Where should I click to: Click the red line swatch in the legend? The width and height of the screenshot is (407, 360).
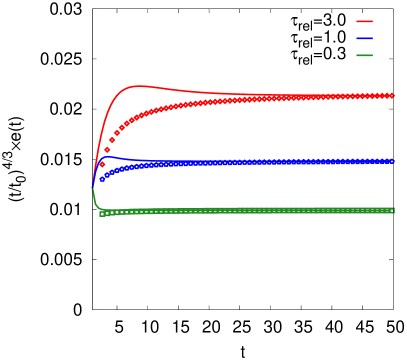364,21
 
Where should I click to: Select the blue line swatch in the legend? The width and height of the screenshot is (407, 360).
364,38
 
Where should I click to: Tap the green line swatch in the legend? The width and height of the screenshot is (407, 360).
364,55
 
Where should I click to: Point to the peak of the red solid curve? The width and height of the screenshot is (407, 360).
138,86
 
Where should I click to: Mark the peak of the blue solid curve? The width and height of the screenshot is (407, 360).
105,156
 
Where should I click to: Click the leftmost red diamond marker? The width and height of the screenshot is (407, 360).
102,164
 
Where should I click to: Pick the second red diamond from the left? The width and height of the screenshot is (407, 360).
107,150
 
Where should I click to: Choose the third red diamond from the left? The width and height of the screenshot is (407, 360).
112,140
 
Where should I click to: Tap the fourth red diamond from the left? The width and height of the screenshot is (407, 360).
117,133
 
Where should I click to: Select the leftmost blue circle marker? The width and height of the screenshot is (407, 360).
102,179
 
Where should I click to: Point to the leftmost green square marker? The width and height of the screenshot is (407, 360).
102,214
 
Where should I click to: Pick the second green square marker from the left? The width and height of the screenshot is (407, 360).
107,213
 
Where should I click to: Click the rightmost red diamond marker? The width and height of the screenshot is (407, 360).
392,95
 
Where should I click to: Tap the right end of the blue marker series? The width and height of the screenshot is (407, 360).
392,160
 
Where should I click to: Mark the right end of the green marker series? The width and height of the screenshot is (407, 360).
392,210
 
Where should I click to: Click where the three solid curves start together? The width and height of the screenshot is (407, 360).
93,186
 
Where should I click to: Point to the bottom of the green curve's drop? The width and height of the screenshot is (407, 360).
100,212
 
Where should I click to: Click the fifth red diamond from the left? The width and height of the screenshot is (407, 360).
122,128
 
